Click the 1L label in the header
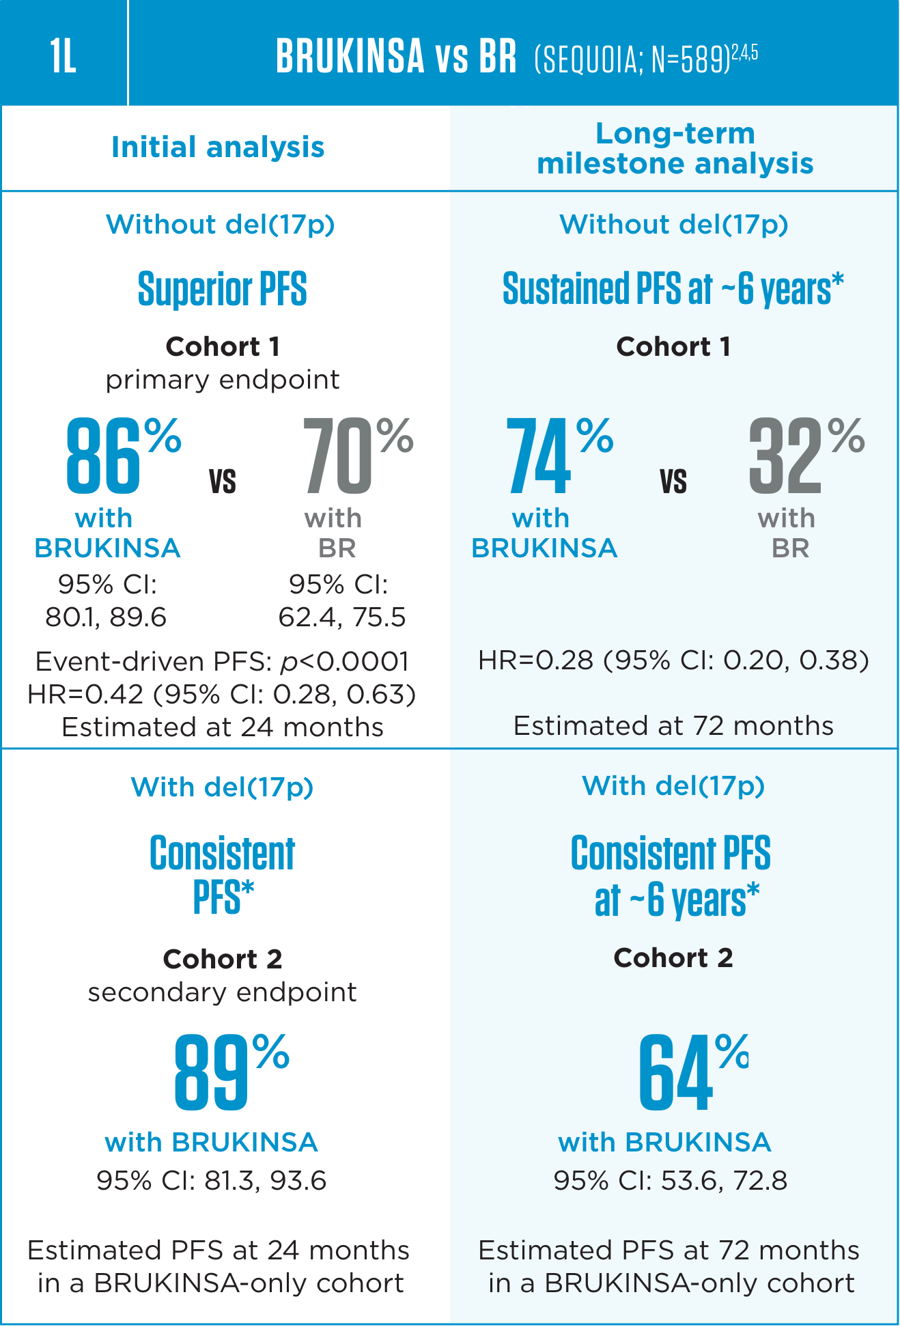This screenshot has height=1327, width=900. coord(63,56)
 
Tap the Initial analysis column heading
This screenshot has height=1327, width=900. coord(218,148)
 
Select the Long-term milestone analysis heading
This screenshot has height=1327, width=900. coord(675,148)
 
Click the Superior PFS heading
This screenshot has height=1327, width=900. coord(223,289)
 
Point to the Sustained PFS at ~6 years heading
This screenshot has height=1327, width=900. coord(673,289)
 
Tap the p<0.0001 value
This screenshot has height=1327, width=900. coord(345,661)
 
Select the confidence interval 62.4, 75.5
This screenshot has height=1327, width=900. coord(342,617)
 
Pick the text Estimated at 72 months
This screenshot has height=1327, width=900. coord(673,725)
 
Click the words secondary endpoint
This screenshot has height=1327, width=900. coord(223,992)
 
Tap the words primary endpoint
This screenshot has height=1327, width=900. coord(223,380)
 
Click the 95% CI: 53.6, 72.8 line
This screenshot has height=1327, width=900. coord(670,1180)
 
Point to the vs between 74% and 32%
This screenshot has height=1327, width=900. coord(673,481)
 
